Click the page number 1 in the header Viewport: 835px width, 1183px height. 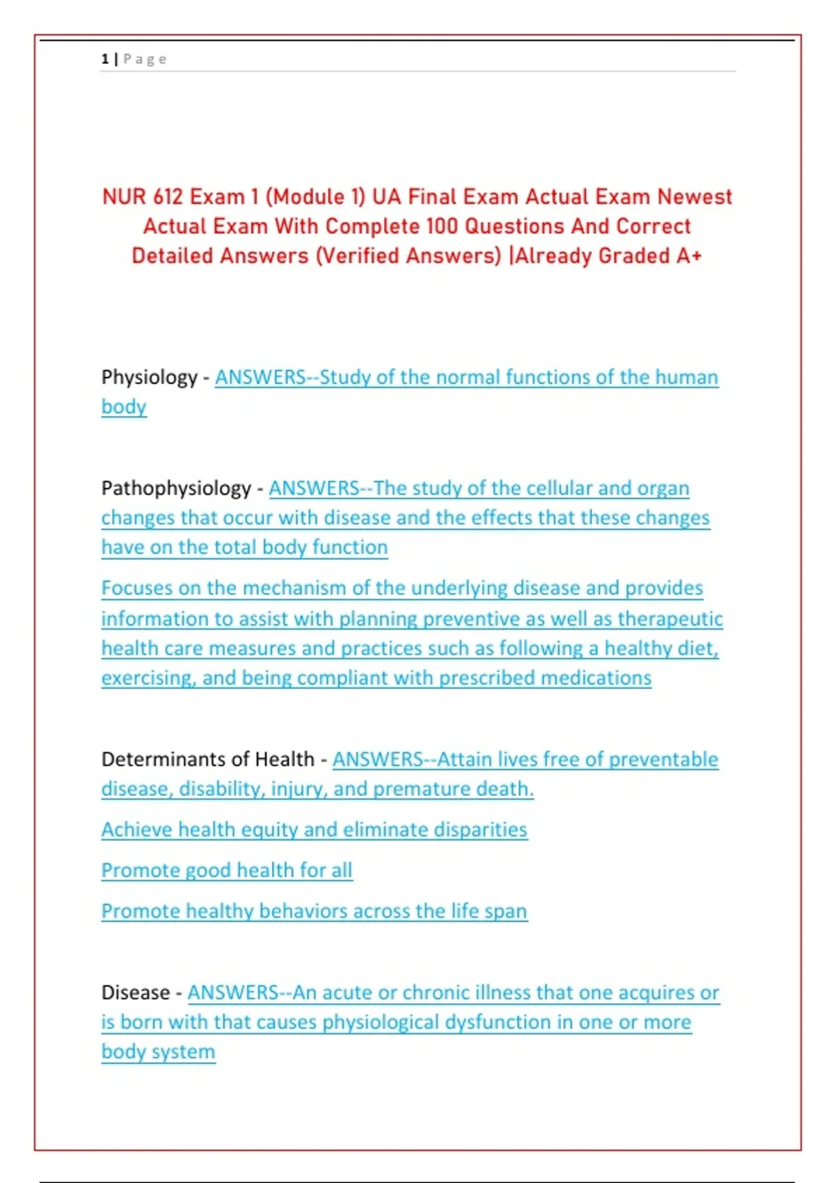coord(104,59)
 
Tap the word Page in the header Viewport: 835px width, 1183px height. coord(145,59)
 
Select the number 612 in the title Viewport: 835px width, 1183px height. coord(168,197)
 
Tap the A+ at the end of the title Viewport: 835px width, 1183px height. coord(689,255)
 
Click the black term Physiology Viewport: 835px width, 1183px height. coord(150,377)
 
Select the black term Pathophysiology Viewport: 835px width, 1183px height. coord(176,488)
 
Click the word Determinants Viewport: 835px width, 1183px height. coord(155,759)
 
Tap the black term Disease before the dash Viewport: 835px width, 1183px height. coord(136,992)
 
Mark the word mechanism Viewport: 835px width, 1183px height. coord(294,588)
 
